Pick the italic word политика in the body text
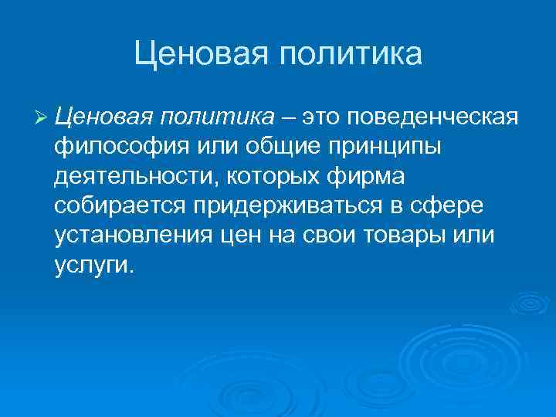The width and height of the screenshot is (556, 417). click(x=218, y=117)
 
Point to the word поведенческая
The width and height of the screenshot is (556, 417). click(x=432, y=117)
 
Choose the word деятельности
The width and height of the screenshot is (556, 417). click(x=136, y=177)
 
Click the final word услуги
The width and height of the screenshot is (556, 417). click(x=94, y=266)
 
